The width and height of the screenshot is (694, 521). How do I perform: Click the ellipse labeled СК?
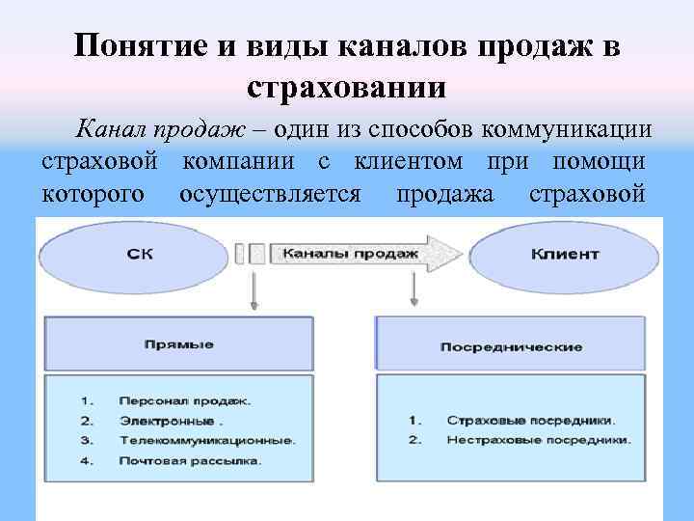(x=139, y=255)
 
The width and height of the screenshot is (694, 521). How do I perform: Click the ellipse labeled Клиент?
(x=564, y=255)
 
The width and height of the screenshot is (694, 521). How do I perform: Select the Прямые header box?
(x=177, y=343)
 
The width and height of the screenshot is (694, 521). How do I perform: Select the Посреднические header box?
(x=510, y=345)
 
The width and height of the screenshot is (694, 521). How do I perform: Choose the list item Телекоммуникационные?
(x=206, y=440)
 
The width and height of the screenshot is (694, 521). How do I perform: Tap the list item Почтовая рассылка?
(x=190, y=461)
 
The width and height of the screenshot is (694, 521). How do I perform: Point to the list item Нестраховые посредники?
(x=538, y=440)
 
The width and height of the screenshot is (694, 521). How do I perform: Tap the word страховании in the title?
(x=347, y=88)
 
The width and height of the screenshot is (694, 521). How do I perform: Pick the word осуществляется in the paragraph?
(x=271, y=194)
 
